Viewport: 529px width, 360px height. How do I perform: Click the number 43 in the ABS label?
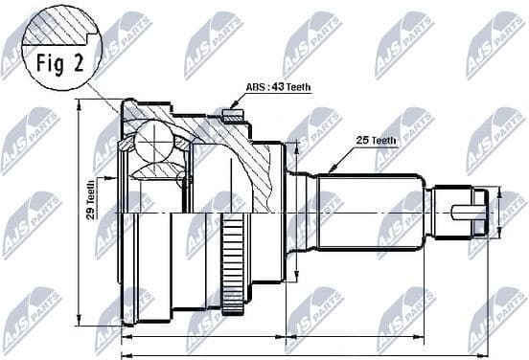(x=276, y=87)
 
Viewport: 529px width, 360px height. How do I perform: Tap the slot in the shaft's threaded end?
(x=469, y=212)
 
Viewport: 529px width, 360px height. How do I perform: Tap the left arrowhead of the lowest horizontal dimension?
(x=124, y=352)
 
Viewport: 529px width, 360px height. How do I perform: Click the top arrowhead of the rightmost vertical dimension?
(x=499, y=191)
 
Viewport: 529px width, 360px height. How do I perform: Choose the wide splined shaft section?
(x=369, y=211)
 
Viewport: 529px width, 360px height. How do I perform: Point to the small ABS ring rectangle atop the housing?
(x=229, y=117)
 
